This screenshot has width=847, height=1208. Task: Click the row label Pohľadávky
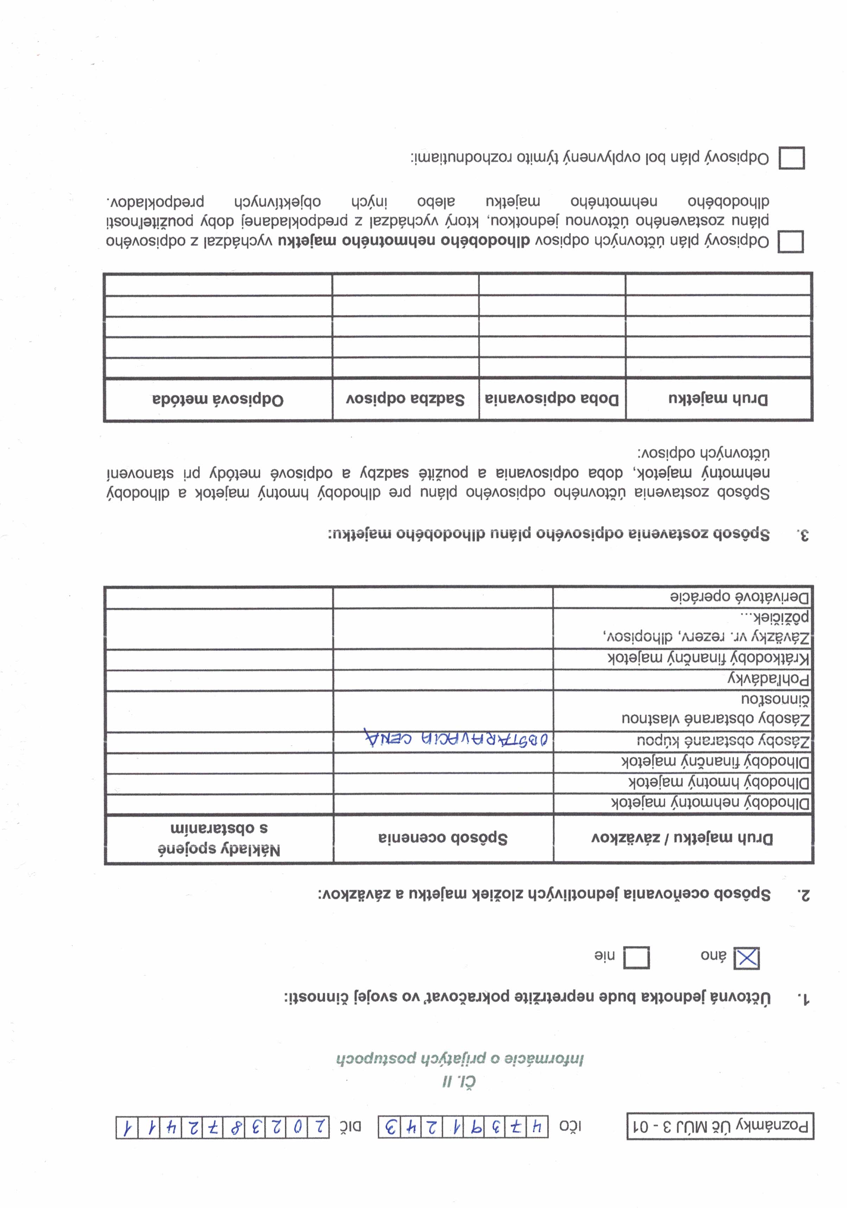769,679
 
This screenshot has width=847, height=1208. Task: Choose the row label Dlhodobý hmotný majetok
719,782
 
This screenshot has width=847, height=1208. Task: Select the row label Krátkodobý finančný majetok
708,658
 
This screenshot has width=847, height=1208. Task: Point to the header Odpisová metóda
218,400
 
